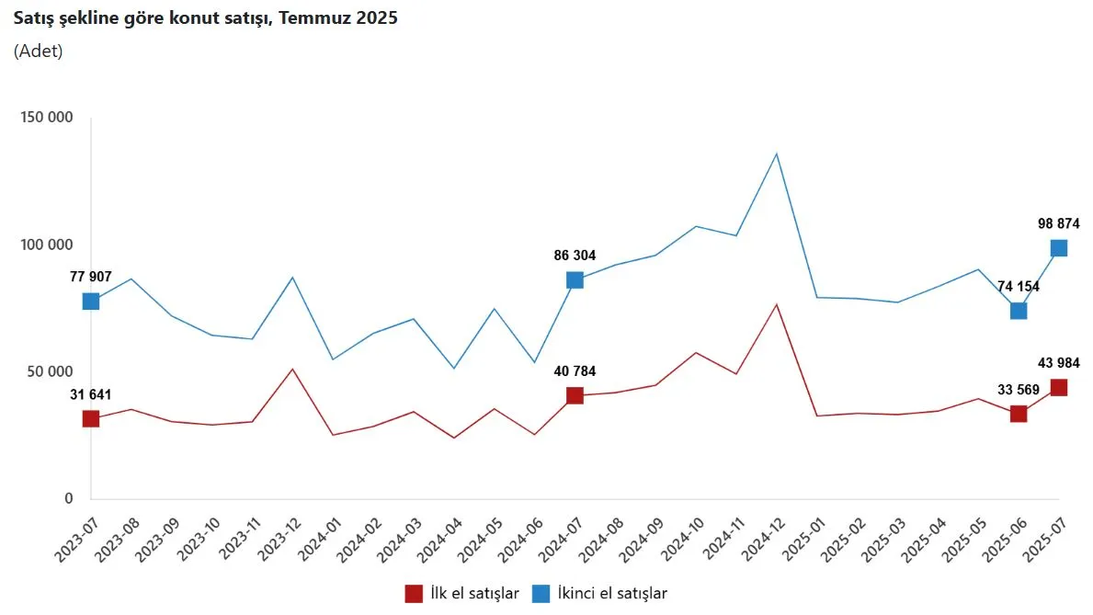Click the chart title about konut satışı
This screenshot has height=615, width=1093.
pos(206,18)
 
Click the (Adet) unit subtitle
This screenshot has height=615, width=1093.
pos(38,51)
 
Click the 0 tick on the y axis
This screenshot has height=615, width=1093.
pos(68,499)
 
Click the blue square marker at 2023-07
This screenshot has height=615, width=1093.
pos(91,302)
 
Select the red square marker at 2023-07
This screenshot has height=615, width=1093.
pos(91,419)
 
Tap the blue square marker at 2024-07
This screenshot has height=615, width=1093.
pos(575,280)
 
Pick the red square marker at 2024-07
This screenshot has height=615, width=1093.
pos(575,396)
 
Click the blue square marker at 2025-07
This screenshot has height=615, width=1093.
pos(1059,248)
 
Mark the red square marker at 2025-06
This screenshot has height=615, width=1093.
pos(1019,414)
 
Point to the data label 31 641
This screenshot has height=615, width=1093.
pos(91,394)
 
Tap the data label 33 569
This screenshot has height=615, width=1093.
pos(1019,389)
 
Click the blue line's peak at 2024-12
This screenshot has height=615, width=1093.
pos(777,154)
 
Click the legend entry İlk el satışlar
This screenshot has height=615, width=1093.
pos(464,594)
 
